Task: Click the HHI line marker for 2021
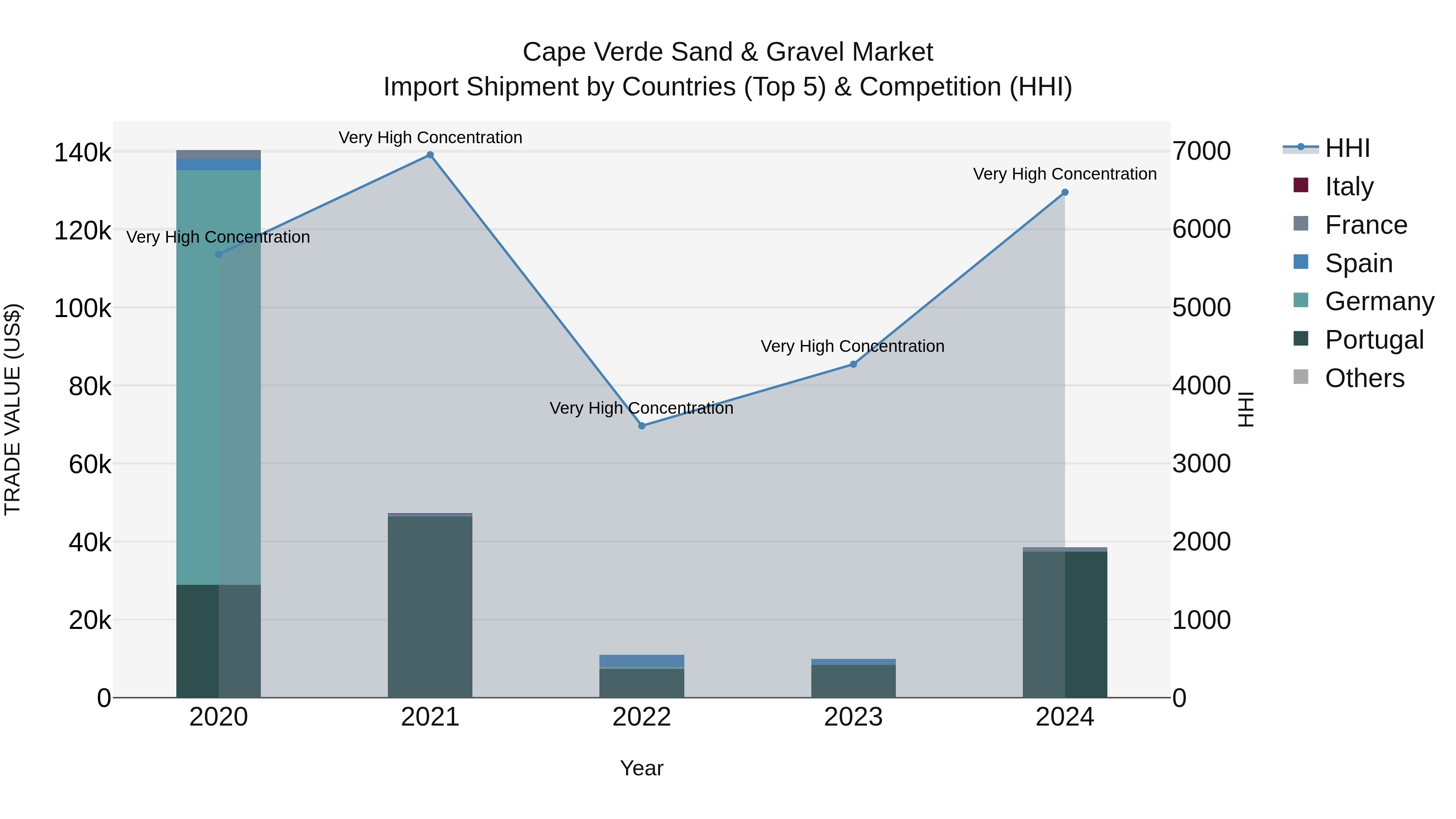tap(430, 155)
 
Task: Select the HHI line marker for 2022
tap(641, 425)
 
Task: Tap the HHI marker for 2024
tap(1065, 192)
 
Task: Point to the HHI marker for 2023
tap(853, 364)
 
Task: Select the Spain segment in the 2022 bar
tap(641, 661)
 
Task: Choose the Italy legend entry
tap(1348, 186)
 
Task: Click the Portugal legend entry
tap(1373, 340)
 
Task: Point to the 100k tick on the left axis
tap(83, 309)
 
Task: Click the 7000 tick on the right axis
tap(1201, 152)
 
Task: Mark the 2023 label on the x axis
tap(853, 717)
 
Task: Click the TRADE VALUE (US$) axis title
tap(13, 409)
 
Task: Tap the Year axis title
tap(641, 768)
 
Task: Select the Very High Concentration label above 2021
tap(430, 138)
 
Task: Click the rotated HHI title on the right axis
tap(1246, 409)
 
